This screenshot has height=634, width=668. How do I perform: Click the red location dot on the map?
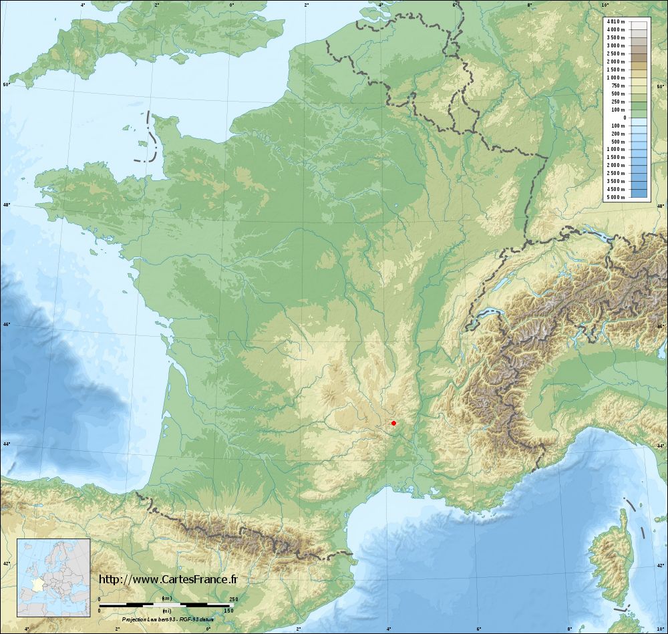click(x=393, y=423)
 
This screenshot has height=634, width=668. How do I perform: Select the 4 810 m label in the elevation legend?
click(x=616, y=22)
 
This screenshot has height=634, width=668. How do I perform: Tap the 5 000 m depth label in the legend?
click(x=616, y=198)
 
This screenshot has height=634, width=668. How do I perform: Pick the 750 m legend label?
click(x=617, y=86)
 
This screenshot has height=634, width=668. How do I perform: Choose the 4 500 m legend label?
click(x=616, y=189)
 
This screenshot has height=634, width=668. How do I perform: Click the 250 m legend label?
click(x=617, y=102)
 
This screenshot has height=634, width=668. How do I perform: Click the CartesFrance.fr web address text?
click(x=168, y=579)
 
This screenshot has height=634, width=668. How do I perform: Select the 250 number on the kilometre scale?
click(x=234, y=599)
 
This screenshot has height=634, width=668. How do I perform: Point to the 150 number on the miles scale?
click(x=228, y=611)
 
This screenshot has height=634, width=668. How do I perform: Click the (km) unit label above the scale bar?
click(x=166, y=599)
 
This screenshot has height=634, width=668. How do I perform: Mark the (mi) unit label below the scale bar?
click(x=166, y=611)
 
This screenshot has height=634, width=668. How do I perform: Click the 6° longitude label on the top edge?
click(x=454, y=5)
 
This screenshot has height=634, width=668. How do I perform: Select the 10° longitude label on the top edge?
click(x=605, y=5)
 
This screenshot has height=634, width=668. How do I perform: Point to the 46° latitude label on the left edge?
click(x=6, y=325)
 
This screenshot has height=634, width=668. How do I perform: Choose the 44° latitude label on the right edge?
click(x=661, y=446)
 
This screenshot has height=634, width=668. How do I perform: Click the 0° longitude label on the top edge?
click(x=232, y=5)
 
